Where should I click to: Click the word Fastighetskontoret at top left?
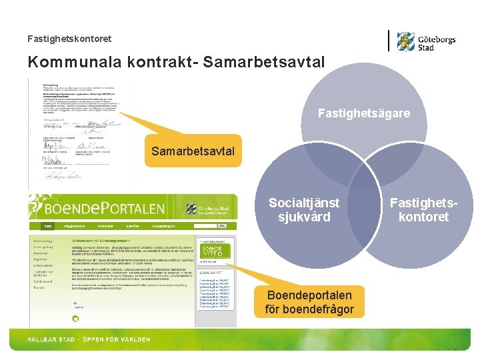(69, 39)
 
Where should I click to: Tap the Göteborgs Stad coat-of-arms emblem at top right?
(406, 41)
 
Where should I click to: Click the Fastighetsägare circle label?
(363, 114)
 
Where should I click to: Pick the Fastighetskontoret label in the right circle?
(419, 210)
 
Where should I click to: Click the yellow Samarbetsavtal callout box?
(193, 151)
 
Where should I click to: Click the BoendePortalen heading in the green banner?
(97, 209)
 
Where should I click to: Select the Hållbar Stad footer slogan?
(89, 340)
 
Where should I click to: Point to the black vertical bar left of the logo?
(389, 41)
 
